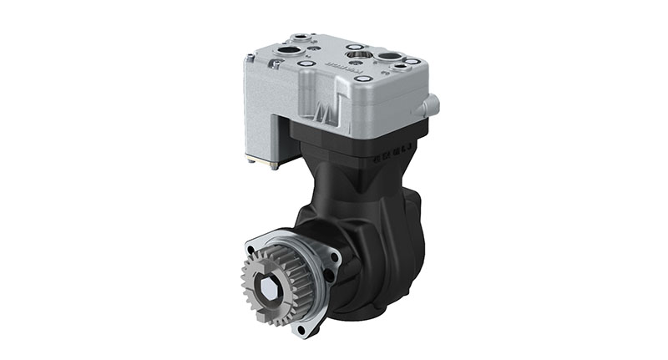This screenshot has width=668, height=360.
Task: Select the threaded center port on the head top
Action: [x=357, y=56]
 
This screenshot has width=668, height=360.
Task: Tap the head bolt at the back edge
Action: [x=355, y=46]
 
